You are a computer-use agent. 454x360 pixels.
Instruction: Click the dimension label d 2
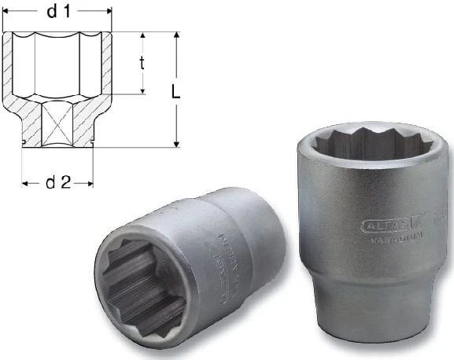57,182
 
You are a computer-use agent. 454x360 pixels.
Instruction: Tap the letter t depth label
142,64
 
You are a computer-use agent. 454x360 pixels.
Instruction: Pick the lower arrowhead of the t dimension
142,90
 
